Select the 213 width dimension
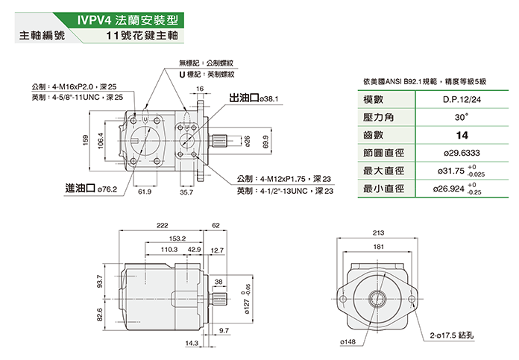[378, 234]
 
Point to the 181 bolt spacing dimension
[378, 247]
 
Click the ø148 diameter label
[347, 341]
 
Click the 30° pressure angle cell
[462, 118]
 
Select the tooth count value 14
[462, 136]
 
